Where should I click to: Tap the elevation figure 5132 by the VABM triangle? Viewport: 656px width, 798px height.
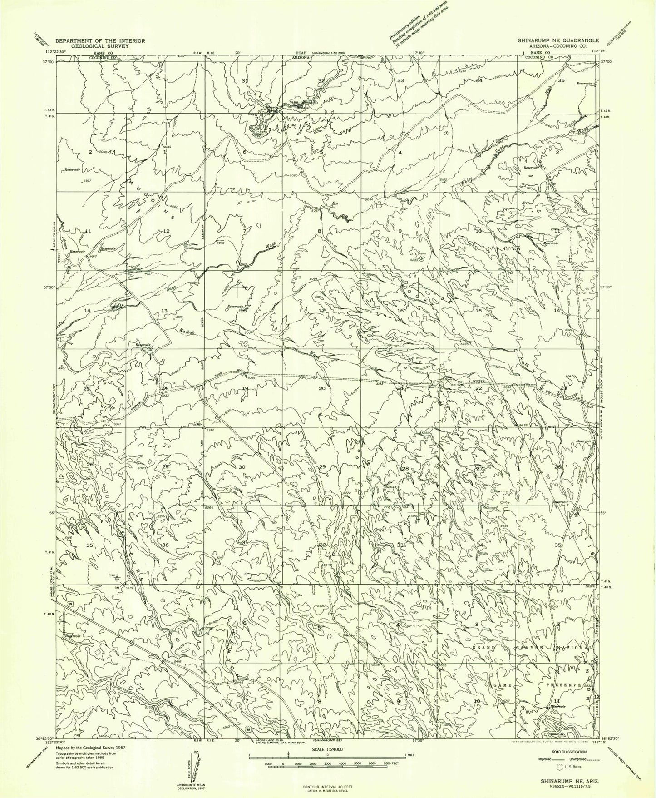point(209,430)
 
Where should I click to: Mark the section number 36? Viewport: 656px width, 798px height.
point(165,545)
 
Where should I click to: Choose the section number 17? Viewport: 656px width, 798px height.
point(322,311)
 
